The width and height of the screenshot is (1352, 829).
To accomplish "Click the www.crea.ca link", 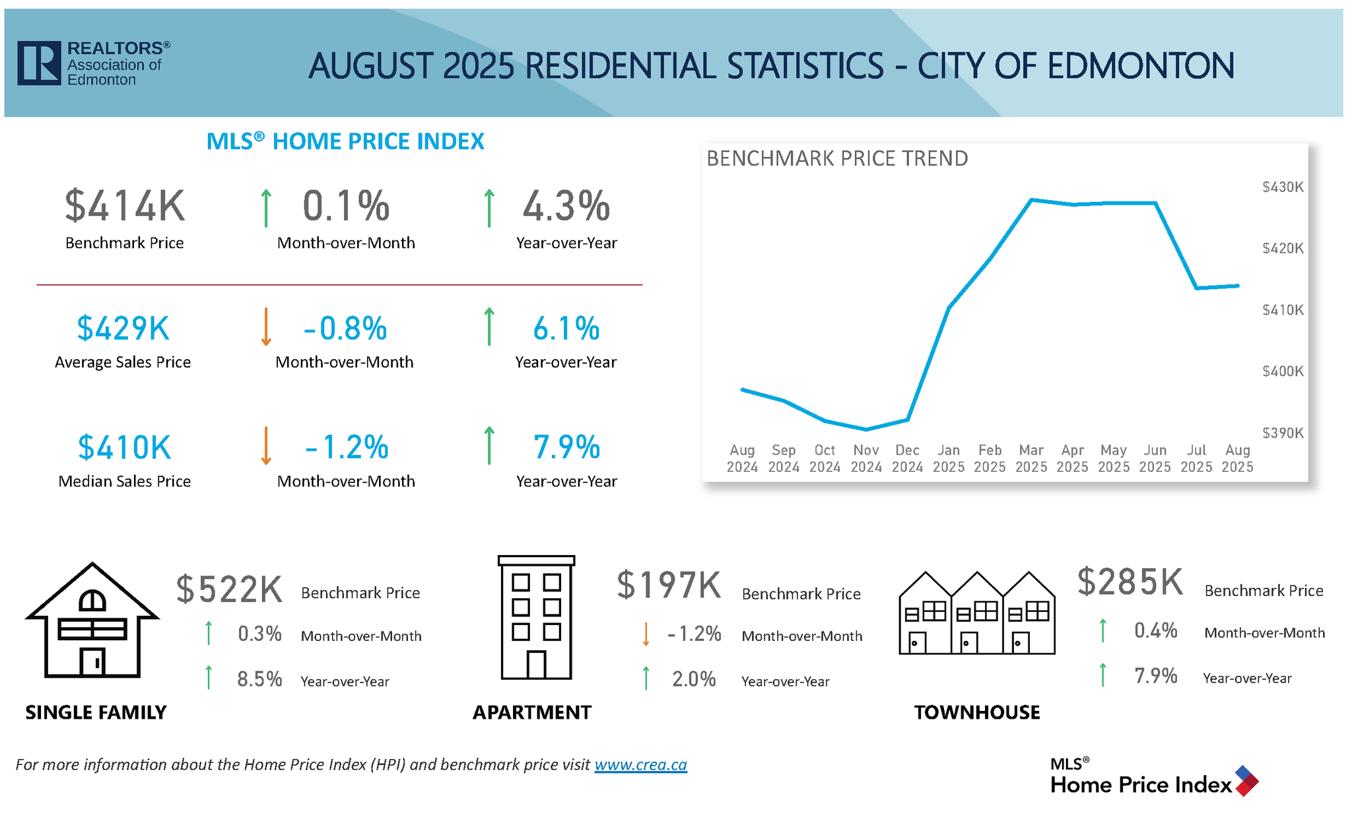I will (x=640, y=765).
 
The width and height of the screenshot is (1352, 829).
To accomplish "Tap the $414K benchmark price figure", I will (x=125, y=206).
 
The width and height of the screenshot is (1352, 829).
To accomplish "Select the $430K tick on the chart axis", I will (x=1282, y=187).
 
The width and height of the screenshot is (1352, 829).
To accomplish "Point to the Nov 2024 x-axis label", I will (x=866, y=459).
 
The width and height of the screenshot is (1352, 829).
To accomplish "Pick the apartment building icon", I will (x=536, y=618).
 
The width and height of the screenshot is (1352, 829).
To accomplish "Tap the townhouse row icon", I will (x=977, y=614).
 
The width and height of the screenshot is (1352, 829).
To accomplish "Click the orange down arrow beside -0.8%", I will (x=266, y=327).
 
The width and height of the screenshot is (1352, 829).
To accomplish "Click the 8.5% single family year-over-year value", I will (x=259, y=679).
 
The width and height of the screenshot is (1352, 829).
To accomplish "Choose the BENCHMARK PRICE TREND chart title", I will (x=837, y=159).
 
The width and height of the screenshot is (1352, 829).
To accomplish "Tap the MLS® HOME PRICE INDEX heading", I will (x=345, y=141).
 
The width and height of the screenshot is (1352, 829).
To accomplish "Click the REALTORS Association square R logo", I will (x=39, y=63).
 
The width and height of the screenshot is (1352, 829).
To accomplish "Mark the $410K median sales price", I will (x=125, y=448).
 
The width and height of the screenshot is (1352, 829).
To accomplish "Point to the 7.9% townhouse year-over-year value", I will (x=1155, y=676).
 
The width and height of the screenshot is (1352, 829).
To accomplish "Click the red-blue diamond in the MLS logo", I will (x=1246, y=781).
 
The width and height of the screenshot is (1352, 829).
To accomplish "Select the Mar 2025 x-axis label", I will (x=1031, y=459).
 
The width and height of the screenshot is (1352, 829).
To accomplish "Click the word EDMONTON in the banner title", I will (x=1140, y=67).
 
